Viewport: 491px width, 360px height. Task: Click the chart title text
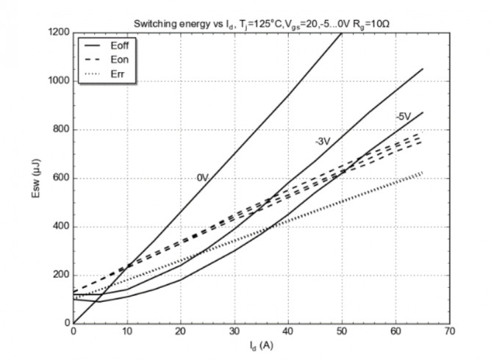[x=261, y=22]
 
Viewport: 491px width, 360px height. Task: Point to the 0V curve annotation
[x=203, y=176]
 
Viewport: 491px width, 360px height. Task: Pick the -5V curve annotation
[x=402, y=116]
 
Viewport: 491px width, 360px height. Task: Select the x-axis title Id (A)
[x=262, y=344]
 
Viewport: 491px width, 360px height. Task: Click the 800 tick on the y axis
[x=60, y=130]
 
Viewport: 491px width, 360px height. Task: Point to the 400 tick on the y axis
[x=60, y=226]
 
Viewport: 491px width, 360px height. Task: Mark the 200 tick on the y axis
[x=60, y=275]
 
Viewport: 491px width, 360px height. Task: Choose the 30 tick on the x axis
[x=234, y=332]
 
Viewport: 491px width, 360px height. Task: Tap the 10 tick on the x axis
[x=127, y=332]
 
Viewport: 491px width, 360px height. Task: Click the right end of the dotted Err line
[x=423, y=173]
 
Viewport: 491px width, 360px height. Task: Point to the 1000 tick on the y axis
[x=58, y=82]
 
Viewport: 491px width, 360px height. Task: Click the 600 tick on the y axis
[x=60, y=179]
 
